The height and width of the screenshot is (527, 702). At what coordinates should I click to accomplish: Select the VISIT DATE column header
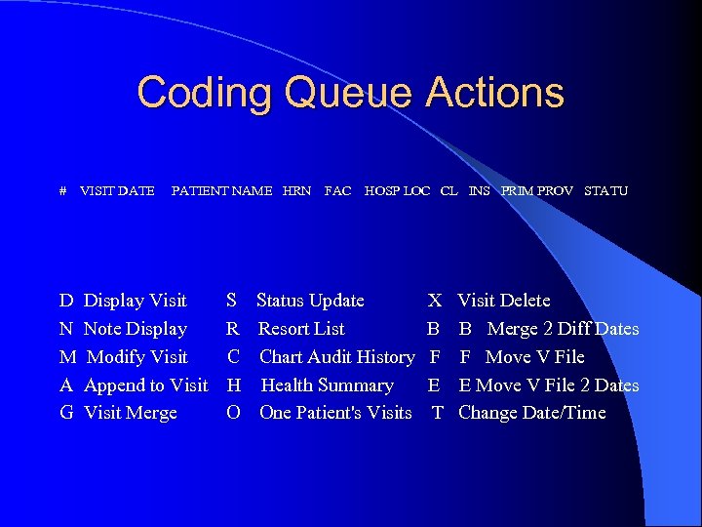point(117,191)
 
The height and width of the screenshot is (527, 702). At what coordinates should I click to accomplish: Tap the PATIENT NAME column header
point(221,191)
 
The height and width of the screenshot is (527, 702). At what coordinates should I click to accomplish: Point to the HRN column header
point(296,191)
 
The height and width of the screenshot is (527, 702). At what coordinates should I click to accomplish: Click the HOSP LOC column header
point(397,191)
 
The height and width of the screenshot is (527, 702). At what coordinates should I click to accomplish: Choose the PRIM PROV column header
point(537,191)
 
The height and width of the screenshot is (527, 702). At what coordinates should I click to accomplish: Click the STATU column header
point(605,191)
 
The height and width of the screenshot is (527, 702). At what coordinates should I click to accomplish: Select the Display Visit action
point(135,301)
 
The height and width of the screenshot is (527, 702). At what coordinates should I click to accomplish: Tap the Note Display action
point(135,329)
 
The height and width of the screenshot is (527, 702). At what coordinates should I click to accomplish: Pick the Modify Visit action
point(136,357)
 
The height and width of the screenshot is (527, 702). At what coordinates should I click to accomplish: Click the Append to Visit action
point(145,385)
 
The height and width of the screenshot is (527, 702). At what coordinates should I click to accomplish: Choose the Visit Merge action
point(130,413)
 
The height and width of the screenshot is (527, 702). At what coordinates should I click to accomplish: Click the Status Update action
point(310,301)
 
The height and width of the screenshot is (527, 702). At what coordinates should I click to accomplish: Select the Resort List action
point(301,329)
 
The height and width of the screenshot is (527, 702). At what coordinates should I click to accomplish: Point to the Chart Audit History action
point(336,357)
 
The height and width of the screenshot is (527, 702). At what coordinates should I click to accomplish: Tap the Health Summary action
point(327,385)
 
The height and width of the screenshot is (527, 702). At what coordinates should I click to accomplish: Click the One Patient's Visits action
point(335,413)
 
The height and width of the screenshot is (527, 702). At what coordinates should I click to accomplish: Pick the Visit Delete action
point(504,301)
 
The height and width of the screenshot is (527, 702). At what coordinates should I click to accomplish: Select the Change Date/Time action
point(531,413)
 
